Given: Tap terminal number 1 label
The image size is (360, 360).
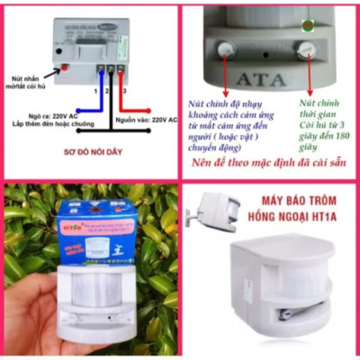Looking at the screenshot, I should pos(94,92).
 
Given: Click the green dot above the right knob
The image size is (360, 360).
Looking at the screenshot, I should pos(309,24).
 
